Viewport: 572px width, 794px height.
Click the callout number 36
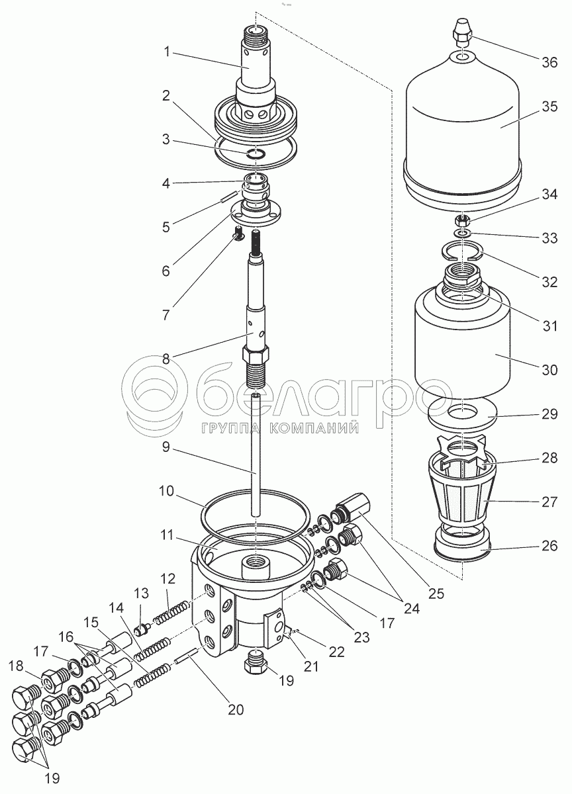[549, 63]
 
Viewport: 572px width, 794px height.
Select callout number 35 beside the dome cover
[549, 107]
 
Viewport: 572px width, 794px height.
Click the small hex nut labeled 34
[462, 222]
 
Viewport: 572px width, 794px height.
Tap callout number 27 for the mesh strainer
[549, 502]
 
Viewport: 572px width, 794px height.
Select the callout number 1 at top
[167, 52]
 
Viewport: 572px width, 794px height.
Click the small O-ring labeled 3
[255, 155]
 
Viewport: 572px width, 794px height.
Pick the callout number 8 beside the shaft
[166, 359]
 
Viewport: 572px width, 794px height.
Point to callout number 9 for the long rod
[166, 447]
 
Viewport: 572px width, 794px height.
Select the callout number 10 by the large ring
[166, 491]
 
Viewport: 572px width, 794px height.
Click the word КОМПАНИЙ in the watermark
[314, 429]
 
